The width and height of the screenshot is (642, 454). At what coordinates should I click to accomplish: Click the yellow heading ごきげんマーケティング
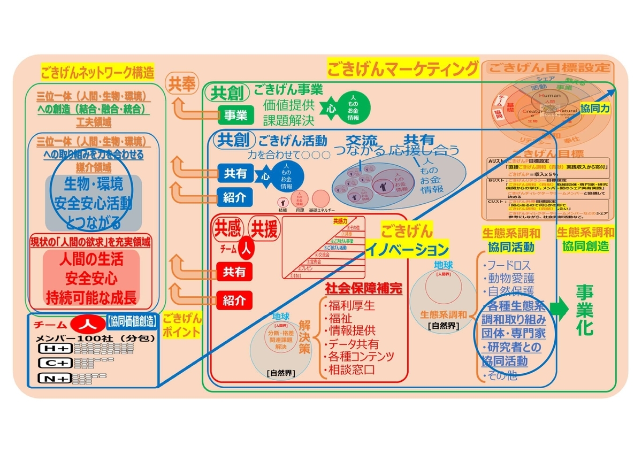tap(403, 68)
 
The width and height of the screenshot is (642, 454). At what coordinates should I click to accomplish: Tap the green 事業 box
tap(235, 114)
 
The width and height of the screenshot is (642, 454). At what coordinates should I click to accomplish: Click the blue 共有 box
tap(235, 173)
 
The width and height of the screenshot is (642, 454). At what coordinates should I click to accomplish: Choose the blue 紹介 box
tap(235, 197)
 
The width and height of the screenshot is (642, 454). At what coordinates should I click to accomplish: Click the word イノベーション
tap(407, 249)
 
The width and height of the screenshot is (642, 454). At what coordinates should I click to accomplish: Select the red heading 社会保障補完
tap(363, 288)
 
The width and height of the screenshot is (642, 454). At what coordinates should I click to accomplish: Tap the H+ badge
tap(55, 348)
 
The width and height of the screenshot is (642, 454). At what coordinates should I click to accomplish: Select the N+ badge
tap(55, 379)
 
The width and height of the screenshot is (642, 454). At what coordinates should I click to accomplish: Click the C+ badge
tap(55, 363)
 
